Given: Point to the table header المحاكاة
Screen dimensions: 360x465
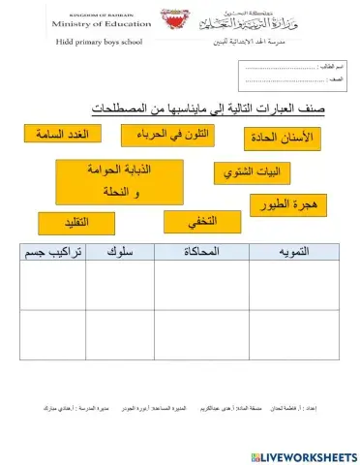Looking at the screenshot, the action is point(202,252).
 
